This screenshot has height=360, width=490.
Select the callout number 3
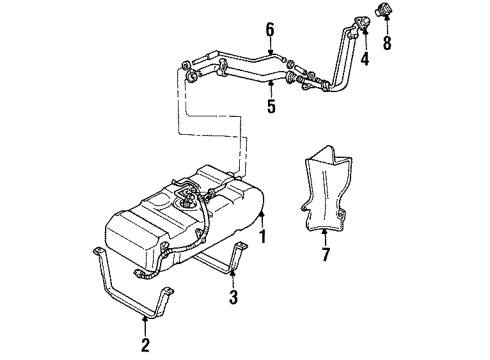click(233, 298)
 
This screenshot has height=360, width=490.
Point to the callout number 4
click(364, 58)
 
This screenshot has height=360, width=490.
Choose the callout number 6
click(270, 30)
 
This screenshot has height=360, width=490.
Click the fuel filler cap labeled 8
click(385, 13)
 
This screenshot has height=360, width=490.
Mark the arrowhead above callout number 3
click(233, 274)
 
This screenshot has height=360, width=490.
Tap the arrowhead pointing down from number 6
click(270, 50)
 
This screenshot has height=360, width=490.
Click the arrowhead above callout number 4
click(364, 36)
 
